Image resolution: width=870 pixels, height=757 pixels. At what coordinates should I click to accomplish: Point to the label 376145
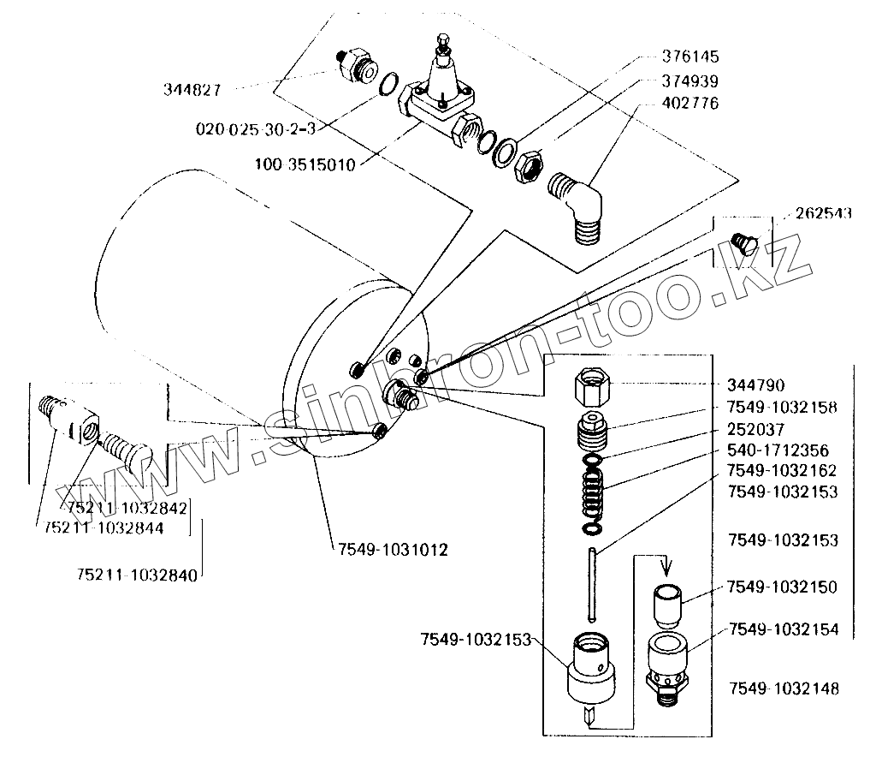pos(689,57)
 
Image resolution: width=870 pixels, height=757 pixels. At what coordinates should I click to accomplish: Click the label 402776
pos(689,103)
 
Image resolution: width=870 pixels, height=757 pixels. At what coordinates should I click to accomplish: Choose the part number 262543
pos(823,214)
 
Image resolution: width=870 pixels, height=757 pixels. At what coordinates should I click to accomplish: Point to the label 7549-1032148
pos(784,688)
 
